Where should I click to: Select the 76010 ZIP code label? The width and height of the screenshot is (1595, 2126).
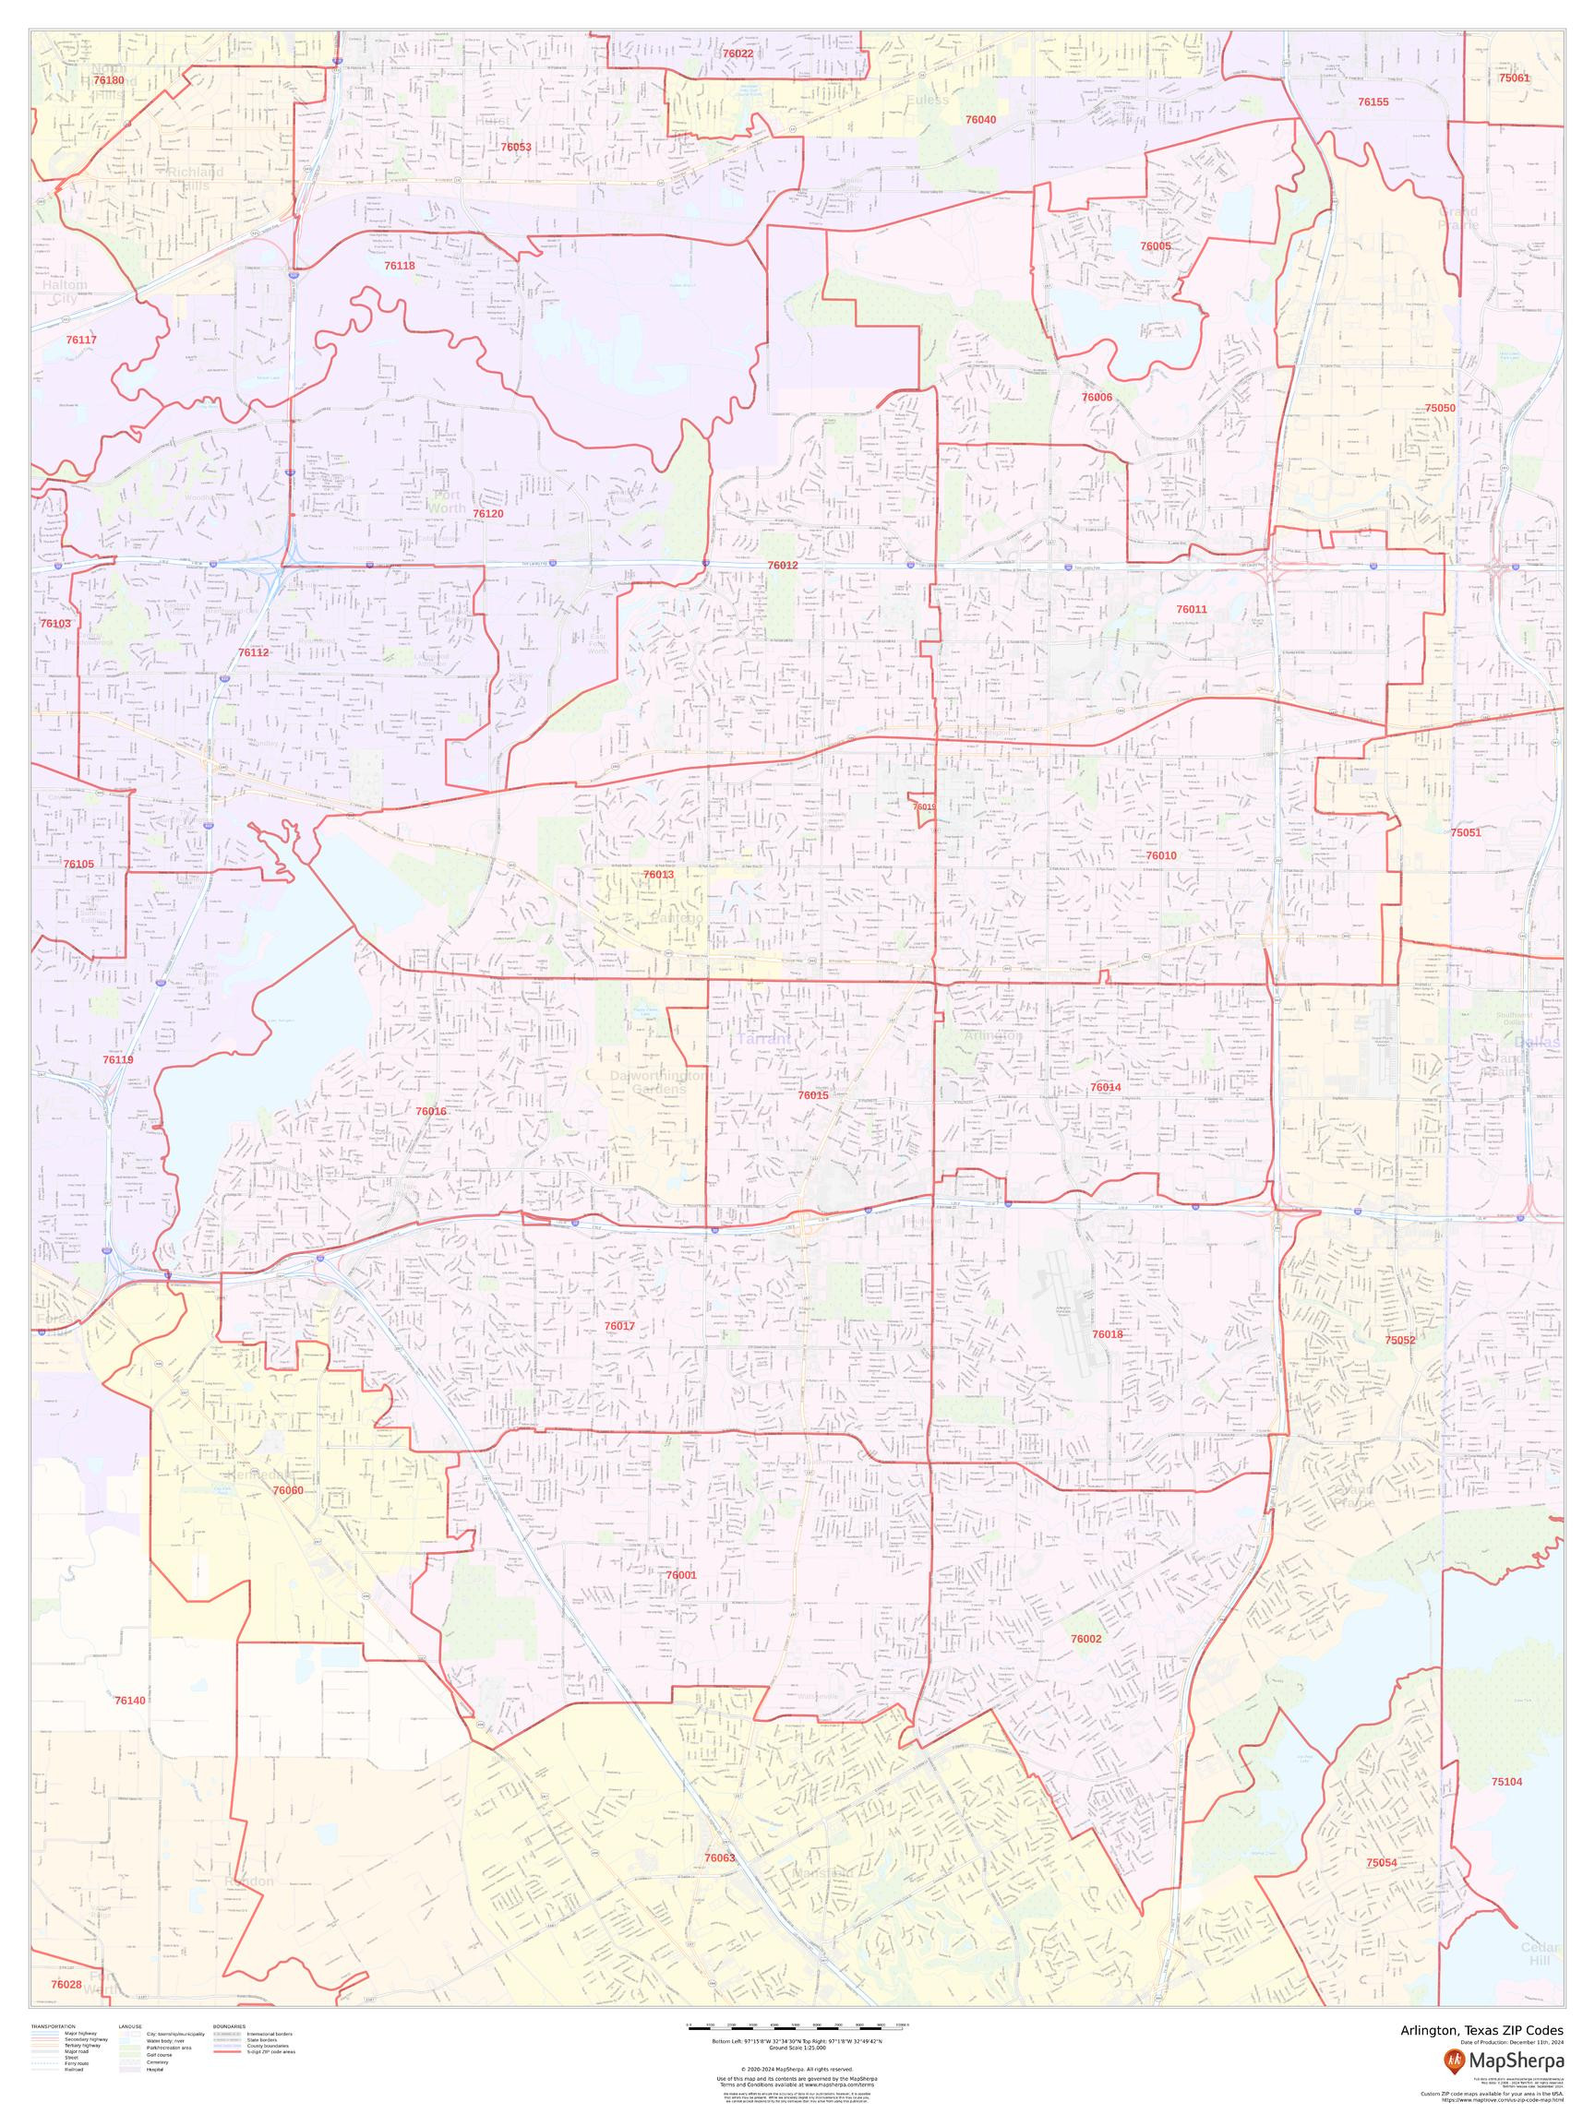1161,855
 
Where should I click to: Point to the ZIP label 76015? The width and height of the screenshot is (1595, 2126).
813,1094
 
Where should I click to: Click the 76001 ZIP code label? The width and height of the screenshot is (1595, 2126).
680,1575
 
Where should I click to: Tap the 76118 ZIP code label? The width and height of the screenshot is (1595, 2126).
399,265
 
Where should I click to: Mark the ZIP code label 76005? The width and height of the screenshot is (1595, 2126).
1155,246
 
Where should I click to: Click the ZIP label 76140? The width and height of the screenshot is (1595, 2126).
130,1701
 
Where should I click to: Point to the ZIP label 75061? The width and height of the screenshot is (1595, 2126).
1513,78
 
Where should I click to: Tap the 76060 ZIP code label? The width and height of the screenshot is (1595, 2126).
287,1491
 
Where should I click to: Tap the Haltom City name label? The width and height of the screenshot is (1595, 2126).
65,293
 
